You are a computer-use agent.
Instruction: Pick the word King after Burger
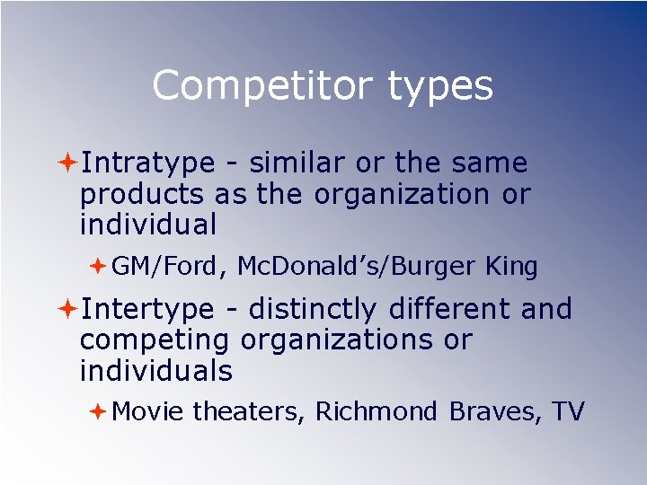coord(511,267)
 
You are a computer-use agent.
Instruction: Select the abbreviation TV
coord(568,411)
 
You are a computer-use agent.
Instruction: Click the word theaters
coord(251,411)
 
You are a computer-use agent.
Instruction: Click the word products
coord(143,195)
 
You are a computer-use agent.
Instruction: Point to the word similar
coord(297,163)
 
